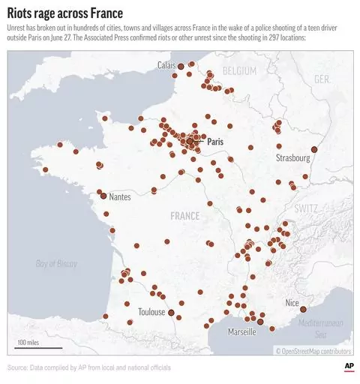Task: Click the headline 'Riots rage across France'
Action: tap(67, 13)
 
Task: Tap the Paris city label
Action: tap(215, 140)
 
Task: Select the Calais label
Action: tap(166, 65)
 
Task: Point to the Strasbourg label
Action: tap(292, 158)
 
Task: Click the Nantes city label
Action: tap(123, 196)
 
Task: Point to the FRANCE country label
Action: tap(184, 216)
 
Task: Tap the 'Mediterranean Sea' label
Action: tap(325, 328)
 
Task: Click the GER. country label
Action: tap(322, 79)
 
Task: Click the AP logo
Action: tap(348, 365)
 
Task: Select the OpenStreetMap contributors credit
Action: tap(313, 350)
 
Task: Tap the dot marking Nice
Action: tap(303, 309)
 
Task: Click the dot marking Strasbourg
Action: tap(314, 150)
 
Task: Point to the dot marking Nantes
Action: tap(103, 196)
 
